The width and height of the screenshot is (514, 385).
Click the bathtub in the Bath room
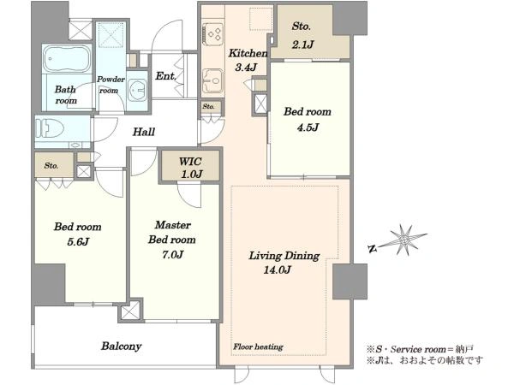(67, 58)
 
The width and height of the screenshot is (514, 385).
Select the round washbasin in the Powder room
(137, 90)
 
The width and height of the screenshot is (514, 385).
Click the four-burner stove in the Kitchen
(212, 33)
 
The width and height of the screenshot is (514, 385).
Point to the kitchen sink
(212, 80)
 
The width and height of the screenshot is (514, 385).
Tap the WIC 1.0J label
(191, 168)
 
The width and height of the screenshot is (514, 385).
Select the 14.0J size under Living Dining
(277, 270)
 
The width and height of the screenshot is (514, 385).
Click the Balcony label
(122, 346)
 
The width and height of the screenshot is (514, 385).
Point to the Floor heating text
(259, 346)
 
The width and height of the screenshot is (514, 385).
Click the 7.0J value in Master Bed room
(172, 254)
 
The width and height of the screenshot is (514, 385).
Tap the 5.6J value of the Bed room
(78, 241)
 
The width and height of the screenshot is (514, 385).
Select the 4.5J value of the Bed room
(308, 127)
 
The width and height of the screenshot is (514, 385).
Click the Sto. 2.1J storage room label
(302, 35)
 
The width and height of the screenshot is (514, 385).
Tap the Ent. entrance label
(166, 76)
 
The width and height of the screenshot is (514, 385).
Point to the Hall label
(144, 132)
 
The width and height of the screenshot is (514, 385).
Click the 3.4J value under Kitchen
(246, 68)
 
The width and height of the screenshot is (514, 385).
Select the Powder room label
(111, 85)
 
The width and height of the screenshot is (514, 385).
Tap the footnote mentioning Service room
(420, 349)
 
